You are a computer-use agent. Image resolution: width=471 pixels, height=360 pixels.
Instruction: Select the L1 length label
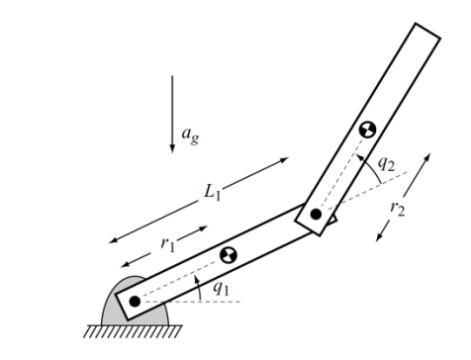(x=212, y=193)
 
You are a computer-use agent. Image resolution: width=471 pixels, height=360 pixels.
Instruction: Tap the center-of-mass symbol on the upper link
(x=367, y=130)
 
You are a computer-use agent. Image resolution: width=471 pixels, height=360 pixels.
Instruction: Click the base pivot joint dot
(x=135, y=300)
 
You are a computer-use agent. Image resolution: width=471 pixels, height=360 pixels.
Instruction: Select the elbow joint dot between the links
(x=316, y=213)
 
